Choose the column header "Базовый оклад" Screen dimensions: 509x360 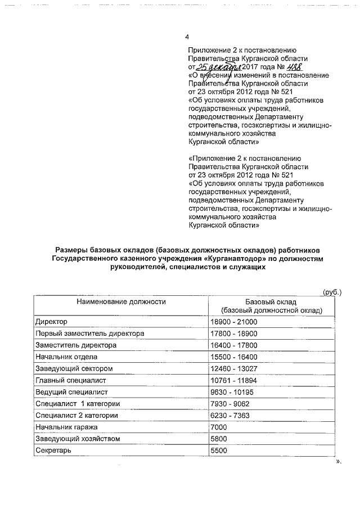271,301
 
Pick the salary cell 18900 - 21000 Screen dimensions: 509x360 233,322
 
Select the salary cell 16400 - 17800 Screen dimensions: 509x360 233,345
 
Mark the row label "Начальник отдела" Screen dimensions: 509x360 66,357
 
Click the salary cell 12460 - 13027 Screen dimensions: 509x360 233,369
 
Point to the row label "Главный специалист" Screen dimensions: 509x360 71,380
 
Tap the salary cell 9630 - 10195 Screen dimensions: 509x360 231,392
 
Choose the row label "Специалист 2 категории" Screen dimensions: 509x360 76,416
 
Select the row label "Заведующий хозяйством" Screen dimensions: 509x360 77,439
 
